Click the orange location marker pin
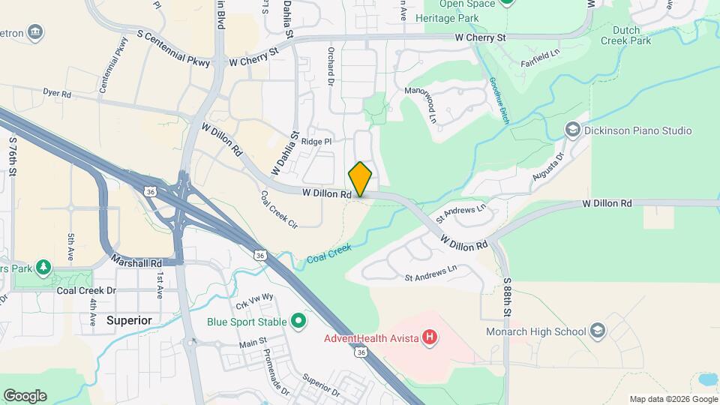[360, 178]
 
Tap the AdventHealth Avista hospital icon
[429, 338]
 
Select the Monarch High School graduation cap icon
[598, 330]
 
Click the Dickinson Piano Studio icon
[574, 130]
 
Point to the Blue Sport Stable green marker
[298, 322]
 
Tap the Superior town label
[129, 320]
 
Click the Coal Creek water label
[328, 253]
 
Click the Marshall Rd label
[136, 263]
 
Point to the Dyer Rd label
[56, 94]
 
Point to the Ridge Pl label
[316, 141]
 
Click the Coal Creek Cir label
[279, 209]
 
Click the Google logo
[25, 396]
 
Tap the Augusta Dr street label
[548, 167]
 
